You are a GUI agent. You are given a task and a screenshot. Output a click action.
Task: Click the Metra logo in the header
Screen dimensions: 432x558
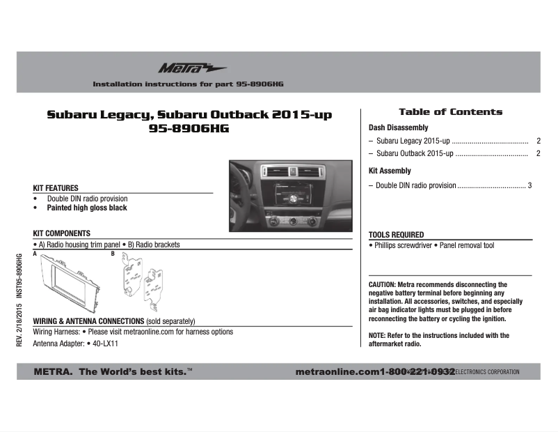click(182, 68)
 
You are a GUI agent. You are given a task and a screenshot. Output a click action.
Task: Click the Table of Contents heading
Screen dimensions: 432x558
click(450, 111)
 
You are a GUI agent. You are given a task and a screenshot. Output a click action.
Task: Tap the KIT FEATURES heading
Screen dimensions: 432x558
click(56, 188)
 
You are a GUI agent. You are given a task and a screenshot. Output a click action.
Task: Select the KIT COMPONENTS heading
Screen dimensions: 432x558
click(62, 233)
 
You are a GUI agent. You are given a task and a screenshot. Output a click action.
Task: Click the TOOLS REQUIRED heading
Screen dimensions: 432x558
click(396, 235)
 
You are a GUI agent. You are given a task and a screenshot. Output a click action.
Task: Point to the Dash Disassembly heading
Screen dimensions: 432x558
click(398, 128)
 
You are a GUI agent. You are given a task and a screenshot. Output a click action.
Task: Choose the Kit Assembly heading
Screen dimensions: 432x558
click(390, 171)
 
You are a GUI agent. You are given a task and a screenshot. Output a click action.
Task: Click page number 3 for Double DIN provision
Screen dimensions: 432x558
click(529, 185)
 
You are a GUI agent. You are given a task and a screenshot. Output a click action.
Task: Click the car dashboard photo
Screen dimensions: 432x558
click(292, 196)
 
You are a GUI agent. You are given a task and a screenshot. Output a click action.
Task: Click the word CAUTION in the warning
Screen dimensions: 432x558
click(381, 285)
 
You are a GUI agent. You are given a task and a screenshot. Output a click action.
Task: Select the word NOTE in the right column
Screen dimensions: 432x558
click(376, 336)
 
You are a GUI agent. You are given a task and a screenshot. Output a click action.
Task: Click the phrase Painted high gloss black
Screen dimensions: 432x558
click(87, 208)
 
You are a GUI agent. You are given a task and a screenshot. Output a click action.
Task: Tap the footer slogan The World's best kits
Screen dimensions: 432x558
click(132, 371)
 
